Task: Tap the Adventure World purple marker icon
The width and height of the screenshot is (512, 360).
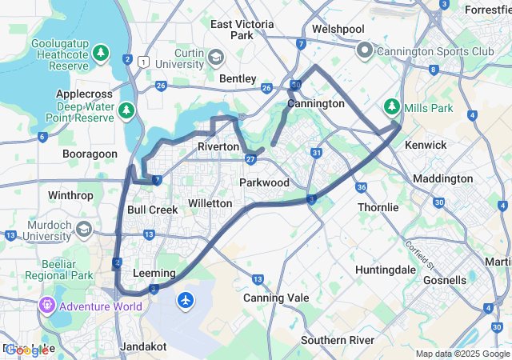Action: pyautogui.click(x=47, y=305)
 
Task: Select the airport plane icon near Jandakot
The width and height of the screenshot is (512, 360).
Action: pyautogui.click(x=186, y=301)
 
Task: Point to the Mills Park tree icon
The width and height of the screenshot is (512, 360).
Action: pyautogui.click(x=391, y=106)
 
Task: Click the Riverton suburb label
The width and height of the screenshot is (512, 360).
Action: pyautogui.click(x=218, y=147)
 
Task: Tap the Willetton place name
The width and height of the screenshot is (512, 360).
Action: pyautogui.click(x=210, y=204)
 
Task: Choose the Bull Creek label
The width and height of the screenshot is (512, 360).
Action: pyautogui.click(x=152, y=210)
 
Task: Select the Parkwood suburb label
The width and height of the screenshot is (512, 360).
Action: pyautogui.click(x=264, y=183)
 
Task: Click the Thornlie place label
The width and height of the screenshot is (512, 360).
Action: pyautogui.click(x=378, y=207)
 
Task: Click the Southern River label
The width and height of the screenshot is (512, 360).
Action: pyautogui.click(x=338, y=340)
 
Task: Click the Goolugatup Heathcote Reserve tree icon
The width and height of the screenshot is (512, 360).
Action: pyautogui.click(x=101, y=54)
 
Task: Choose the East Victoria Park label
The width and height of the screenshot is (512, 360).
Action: pyautogui.click(x=242, y=30)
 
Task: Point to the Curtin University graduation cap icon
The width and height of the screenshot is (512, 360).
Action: pyautogui.click(x=217, y=58)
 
